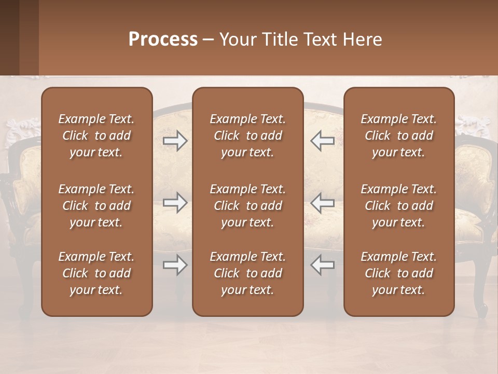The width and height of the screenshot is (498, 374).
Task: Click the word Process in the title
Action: [163, 39]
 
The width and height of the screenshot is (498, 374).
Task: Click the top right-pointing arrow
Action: [175, 141]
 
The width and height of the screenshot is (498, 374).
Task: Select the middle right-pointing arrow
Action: [175, 203]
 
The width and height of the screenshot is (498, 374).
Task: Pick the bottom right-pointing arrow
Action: [175, 265]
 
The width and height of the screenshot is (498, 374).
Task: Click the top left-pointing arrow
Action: [322, 141]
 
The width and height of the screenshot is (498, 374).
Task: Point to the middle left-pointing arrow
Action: [322, 203]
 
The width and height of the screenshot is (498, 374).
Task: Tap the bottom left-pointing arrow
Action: [322, 265]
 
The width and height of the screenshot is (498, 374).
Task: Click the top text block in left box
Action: [96, 136]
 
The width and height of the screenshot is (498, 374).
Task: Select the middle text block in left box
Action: [96, 206]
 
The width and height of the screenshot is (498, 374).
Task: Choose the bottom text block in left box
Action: [96, 273]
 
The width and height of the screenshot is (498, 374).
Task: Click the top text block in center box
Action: [247, 136]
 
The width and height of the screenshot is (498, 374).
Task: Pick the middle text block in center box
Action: [247, 206]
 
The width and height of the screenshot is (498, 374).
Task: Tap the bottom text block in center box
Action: [247, 273]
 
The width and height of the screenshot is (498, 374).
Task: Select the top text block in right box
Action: [398, 136]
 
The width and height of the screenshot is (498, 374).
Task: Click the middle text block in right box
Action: [398, 206]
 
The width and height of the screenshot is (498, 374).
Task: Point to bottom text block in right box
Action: [398, 273]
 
